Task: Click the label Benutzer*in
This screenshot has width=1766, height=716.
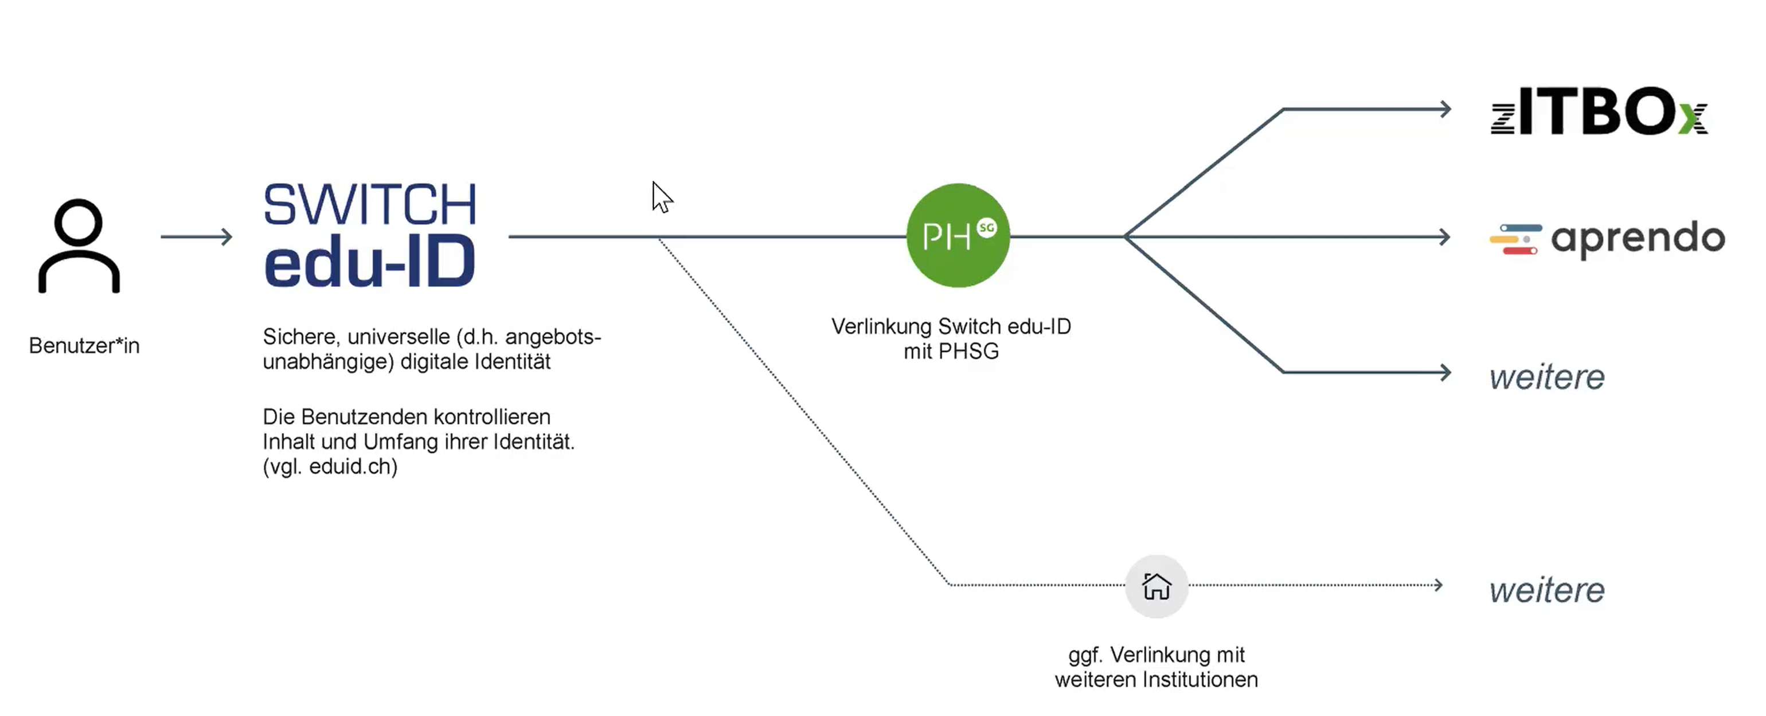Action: click(x=84, y=345)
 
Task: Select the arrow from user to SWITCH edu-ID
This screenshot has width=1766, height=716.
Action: click(x=196, y=236)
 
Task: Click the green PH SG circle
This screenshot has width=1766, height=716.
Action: click(x=957, y=235)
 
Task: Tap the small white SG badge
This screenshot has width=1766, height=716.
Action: click(x=987, y=228)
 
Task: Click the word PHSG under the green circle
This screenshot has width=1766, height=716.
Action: click(x=968, y=352)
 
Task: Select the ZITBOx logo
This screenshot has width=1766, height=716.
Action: click(x=1599, y=111)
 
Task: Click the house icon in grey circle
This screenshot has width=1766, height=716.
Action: click(x=1156, y=586)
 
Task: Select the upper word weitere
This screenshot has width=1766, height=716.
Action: click(x=1546, y=377)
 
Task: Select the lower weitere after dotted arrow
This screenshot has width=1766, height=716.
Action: click(x=1546, y=590)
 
